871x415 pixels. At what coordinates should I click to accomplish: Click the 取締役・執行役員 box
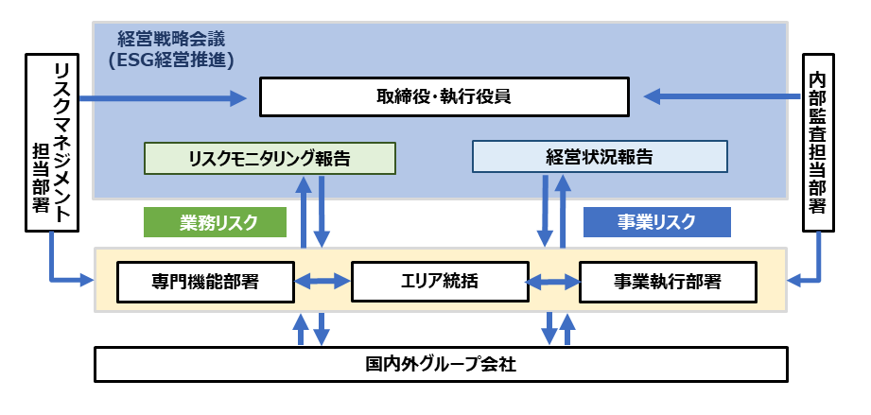444,96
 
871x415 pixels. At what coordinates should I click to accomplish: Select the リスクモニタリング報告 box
270,158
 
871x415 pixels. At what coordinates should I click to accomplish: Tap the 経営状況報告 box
600,157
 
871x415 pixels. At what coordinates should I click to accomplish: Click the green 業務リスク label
214,222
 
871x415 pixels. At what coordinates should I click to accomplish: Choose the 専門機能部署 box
204,281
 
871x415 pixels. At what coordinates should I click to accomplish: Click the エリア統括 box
439,281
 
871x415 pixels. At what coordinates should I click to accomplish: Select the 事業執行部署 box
668,281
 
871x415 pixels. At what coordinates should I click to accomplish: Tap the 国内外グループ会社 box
441,364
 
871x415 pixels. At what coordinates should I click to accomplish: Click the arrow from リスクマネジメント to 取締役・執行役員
161,96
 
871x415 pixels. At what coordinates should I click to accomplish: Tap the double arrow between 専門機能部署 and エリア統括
322,281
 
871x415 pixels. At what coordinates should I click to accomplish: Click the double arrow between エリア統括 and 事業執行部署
553,281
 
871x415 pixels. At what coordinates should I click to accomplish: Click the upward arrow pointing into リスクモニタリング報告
304,213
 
